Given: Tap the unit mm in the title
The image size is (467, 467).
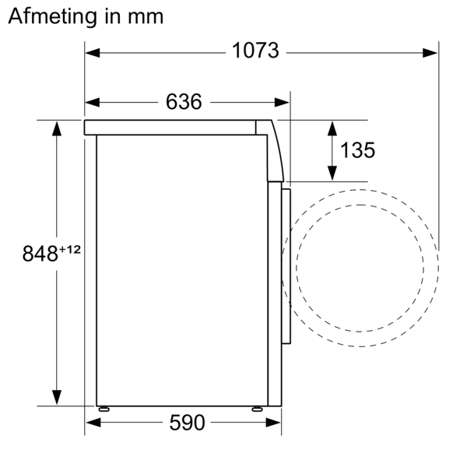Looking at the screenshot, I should click(x=147, y=16).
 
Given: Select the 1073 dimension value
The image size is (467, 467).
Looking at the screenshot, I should click(x=255, y=51).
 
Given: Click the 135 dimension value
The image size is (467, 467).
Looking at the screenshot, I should click(x=357, y=150).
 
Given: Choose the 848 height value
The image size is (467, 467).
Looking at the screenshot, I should click(x=39, y=254).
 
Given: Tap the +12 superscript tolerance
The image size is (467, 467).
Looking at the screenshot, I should click(x=69, y=248).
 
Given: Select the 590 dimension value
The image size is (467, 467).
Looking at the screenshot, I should click(x=187, y=423).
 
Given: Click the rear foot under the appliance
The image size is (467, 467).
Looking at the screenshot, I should click(x=104, y=408).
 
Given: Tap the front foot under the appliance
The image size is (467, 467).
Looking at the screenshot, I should click(x=256, y=408).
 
